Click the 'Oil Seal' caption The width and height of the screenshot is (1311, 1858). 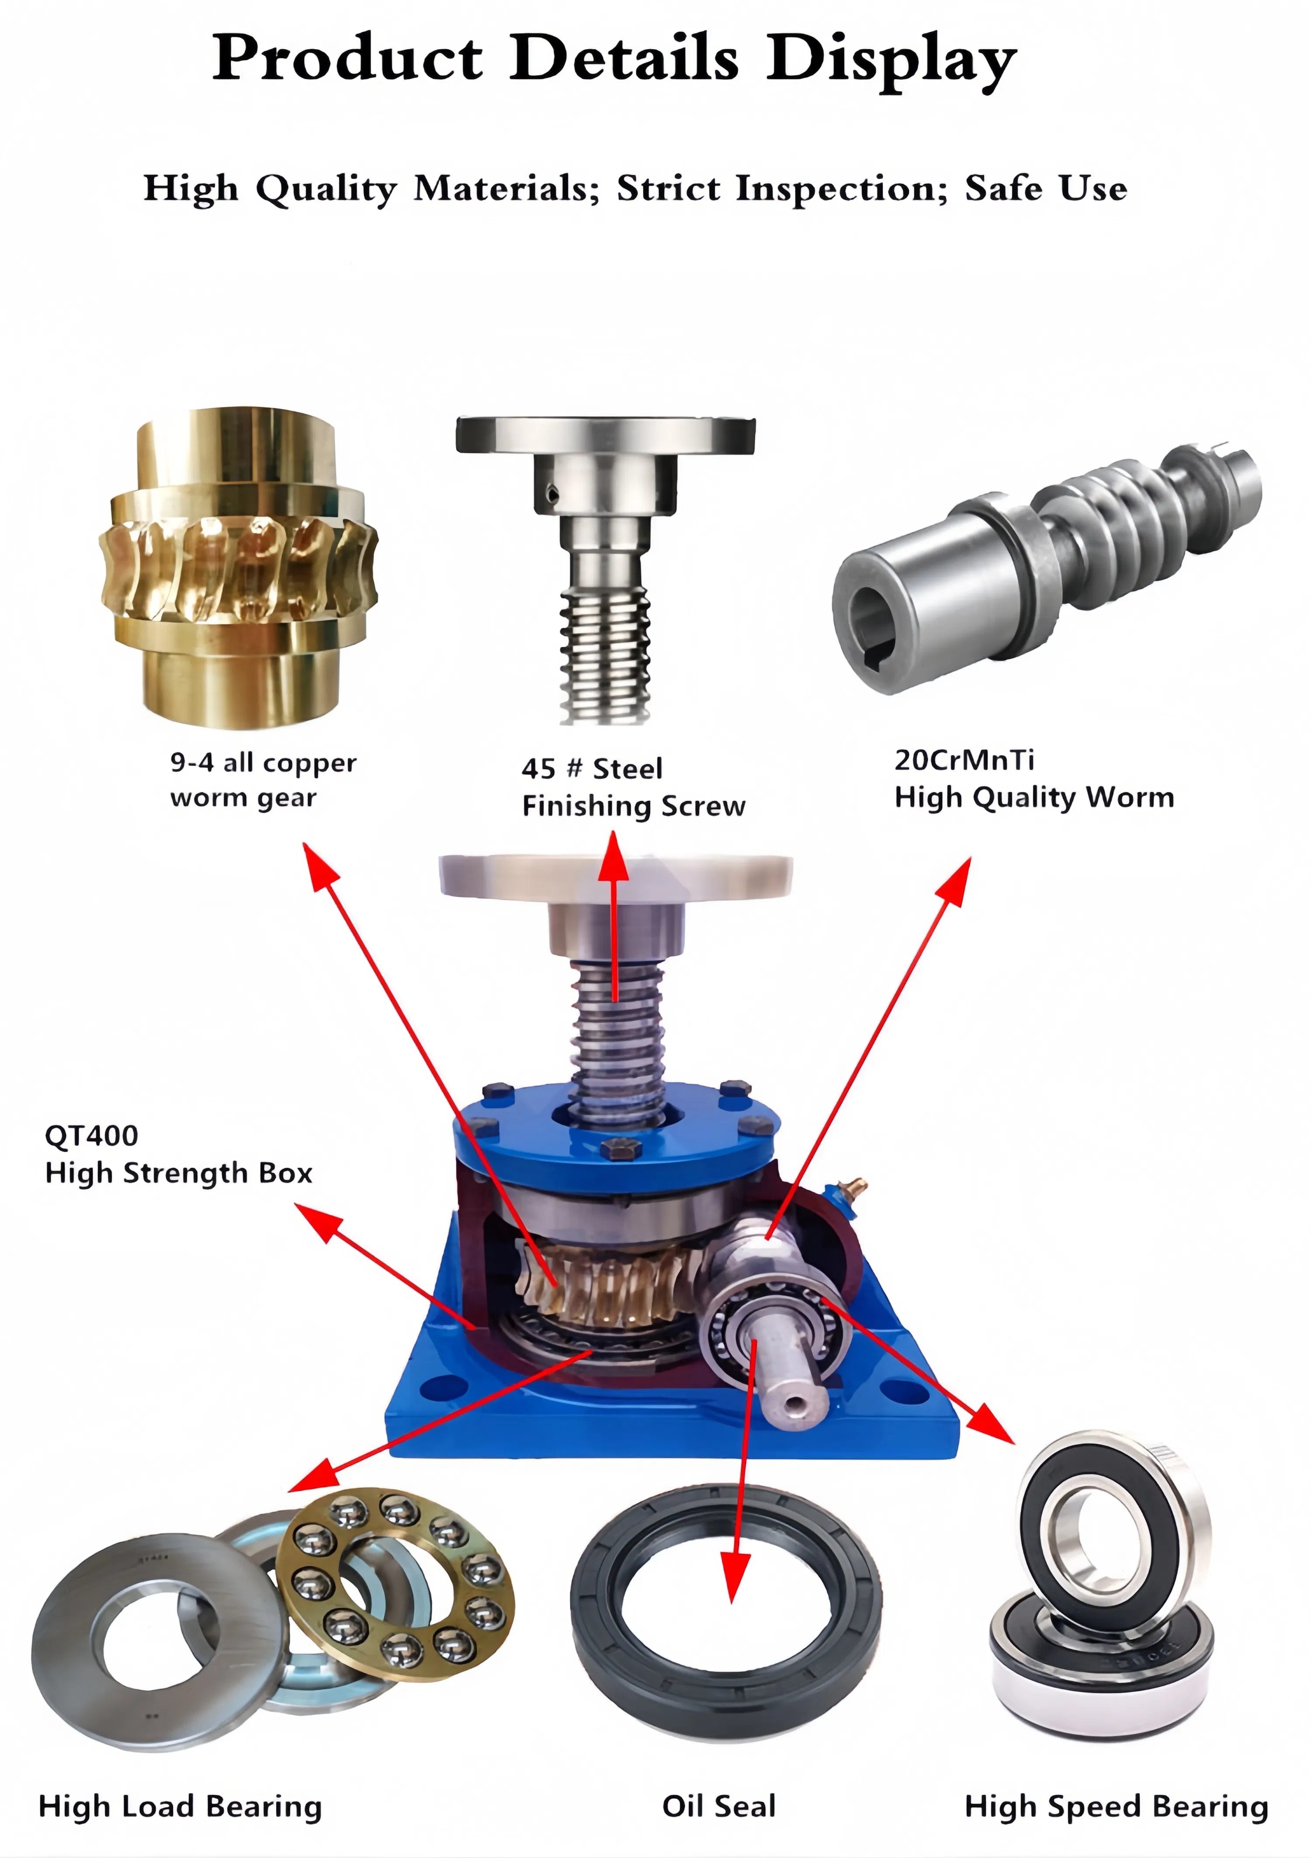tap(718, 1806)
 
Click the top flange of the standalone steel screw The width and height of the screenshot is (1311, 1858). tap(605, 436)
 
